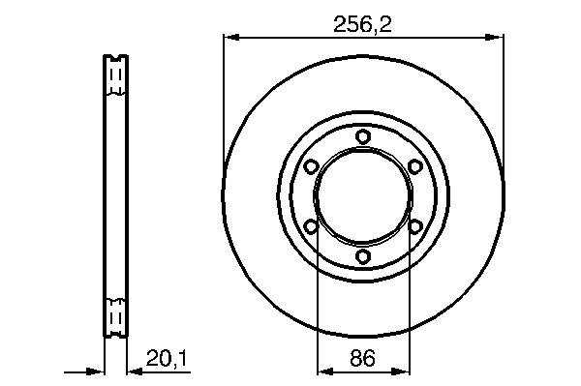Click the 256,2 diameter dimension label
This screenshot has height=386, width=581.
[x=362, y=25]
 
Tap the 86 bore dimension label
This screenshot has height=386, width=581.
[x=362, y=358]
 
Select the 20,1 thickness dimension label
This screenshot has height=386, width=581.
[x=168, y=358]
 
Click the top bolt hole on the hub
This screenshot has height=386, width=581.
[x=363, y=136]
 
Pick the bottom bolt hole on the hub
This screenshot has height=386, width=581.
[x=363, y=255]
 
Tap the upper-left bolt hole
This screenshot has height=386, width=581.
[x=311, y=166]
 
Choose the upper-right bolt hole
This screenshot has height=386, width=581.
[x=415, y=166]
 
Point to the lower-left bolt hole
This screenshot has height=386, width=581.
[x=311, y=226]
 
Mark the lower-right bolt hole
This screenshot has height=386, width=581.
[x=415, y=226]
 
